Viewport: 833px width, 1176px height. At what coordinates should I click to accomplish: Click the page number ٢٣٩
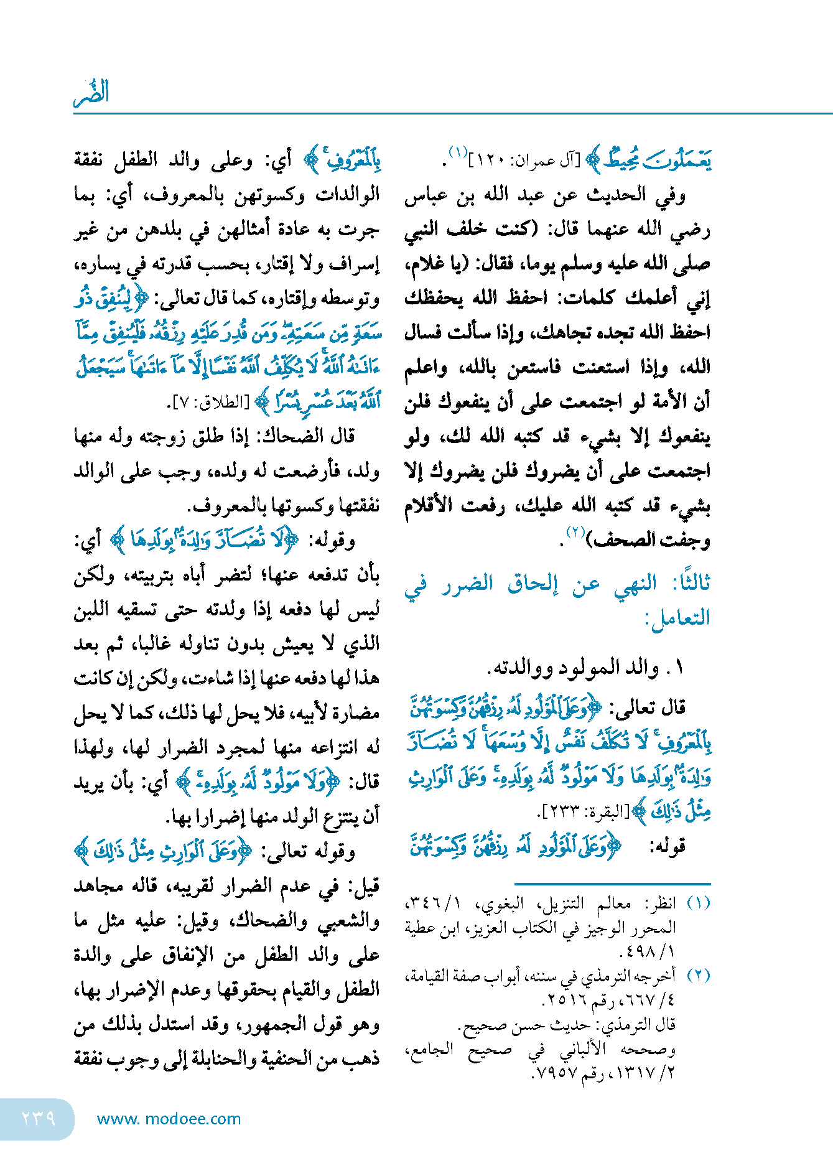39,1118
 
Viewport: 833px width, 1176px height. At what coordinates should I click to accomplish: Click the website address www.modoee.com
169,1119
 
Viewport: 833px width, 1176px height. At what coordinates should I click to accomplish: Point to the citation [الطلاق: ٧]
208,403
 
